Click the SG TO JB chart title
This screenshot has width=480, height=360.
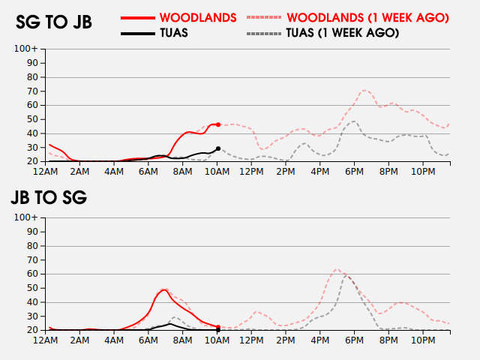tap(54, 22)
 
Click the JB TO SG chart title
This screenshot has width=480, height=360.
tap(49, 197)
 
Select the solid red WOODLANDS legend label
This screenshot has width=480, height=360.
tap(198, 18)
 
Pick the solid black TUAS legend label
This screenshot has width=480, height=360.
tap(174, 33)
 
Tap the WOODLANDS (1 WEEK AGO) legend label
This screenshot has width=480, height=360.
tap(367, 18)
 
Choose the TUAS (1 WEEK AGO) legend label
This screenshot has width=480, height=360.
tap(343, 33)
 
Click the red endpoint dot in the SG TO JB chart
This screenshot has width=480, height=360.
tap(218, 124)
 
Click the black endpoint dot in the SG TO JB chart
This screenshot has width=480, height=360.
tap(218, 148)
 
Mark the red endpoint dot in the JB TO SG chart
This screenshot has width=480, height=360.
tap(218, 327)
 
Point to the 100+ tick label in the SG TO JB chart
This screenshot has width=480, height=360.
tap(26, 49)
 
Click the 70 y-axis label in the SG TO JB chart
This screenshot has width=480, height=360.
tap(32, 91)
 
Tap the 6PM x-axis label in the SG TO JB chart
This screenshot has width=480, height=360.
tap(354, 172)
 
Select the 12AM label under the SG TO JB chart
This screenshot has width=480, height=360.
tap(45, 172)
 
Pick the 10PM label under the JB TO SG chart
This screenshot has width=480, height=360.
tap(423, 340)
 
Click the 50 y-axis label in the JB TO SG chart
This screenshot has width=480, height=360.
tap(32, 288)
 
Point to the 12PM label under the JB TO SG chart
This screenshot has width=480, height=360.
tap(251, 340)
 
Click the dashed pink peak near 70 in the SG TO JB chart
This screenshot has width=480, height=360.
tap(364, 90)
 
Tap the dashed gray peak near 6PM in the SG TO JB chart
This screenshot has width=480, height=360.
tap(353, 121)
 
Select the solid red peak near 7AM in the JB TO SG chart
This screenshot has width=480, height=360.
tap(164, 289)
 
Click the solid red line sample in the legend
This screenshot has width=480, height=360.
tap(138, 18)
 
